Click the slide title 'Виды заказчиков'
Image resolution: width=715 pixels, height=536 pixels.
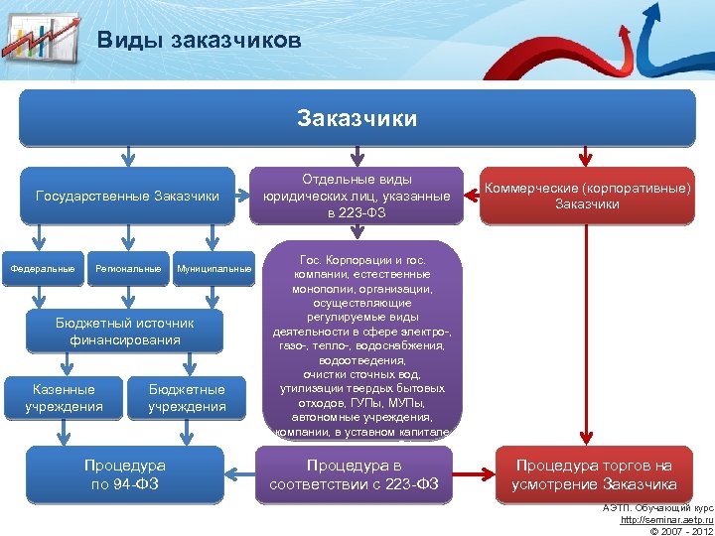(199, 41)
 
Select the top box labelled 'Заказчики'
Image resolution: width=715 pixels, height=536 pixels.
(357, 118)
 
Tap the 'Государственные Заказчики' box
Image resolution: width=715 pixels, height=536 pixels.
(127, 196)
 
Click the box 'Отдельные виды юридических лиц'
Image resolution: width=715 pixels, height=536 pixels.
(357, 196)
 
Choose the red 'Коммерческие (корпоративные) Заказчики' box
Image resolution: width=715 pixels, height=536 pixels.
(586, 196)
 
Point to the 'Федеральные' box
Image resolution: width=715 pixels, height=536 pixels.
(42, 269)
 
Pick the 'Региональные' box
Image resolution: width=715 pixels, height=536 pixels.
(127, 269)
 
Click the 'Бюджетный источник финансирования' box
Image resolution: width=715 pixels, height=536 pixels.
(125, 332)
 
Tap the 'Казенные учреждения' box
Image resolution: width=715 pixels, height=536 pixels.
(65, 397)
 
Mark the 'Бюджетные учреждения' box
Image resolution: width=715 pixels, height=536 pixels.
(187, 397)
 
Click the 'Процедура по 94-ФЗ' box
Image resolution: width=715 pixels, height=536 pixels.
(125, 474)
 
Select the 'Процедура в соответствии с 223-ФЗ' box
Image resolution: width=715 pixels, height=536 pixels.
(355, 474)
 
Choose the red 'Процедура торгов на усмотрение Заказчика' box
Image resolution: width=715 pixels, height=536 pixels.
(593, 474)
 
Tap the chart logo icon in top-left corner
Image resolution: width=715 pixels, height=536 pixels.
(40, 37)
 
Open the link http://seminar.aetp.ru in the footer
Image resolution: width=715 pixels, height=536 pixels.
(666, 519)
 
